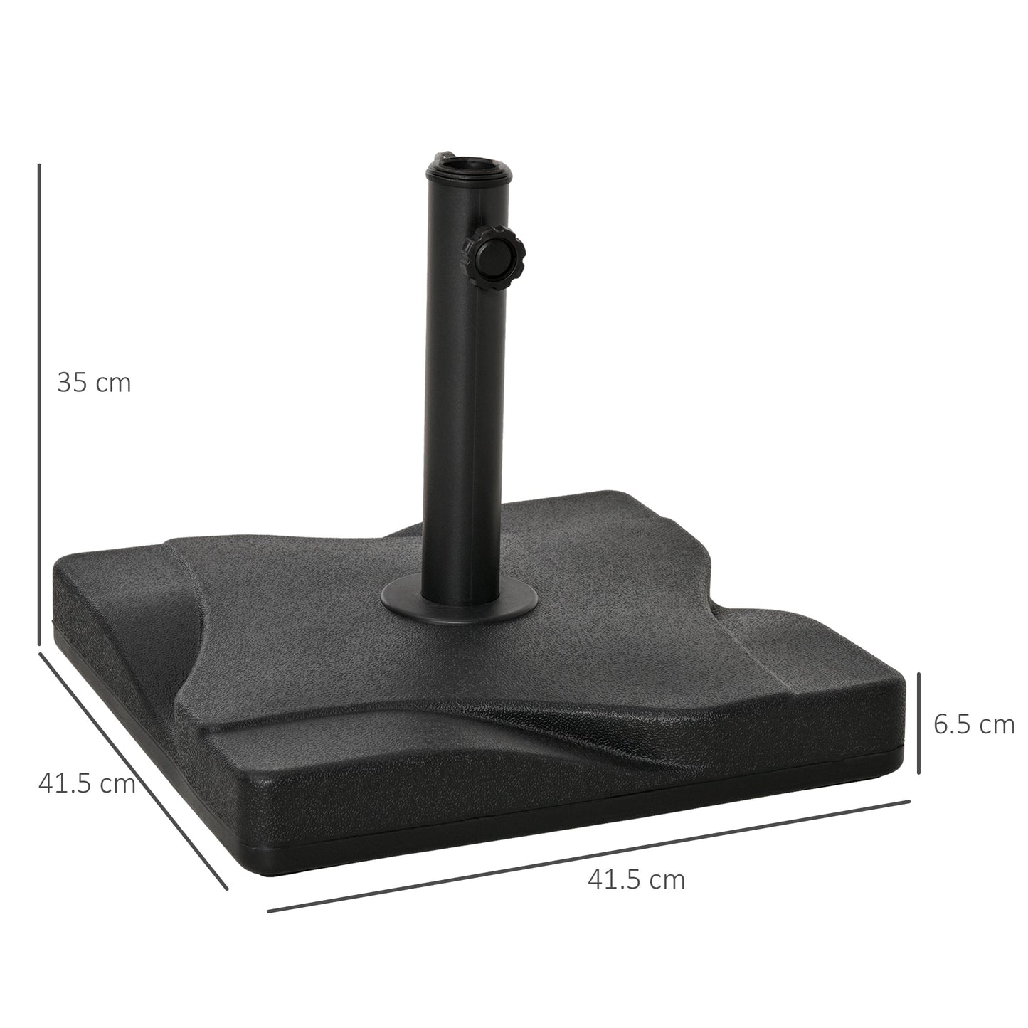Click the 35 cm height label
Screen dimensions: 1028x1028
coord(94,383)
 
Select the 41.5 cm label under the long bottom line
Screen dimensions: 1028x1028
coord(637,879)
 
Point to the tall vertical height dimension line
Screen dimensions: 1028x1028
coord(39,406)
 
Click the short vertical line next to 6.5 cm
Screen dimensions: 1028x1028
coord(920,723)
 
